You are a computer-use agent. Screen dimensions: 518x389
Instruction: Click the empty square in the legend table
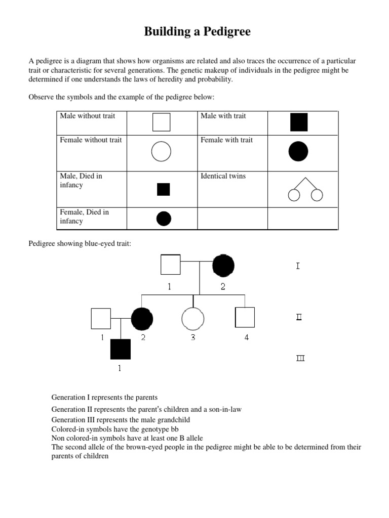[162, 122]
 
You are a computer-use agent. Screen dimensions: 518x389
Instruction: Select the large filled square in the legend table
[299, 122]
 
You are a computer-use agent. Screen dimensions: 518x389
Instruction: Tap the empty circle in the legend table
[162, 151]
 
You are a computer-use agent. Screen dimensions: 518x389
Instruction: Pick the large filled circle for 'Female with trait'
[298, 151]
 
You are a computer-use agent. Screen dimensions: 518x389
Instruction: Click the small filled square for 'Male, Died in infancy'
[163, 189]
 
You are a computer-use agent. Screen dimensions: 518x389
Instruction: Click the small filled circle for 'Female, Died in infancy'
[164, 219]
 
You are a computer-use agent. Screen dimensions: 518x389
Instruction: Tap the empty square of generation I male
[171, 265]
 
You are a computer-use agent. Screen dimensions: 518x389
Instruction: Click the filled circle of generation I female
[223, 265]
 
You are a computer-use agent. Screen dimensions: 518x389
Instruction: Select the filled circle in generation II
[142, 318]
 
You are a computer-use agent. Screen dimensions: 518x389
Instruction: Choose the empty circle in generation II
[193, 319]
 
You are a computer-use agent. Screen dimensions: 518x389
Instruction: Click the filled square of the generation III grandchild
[120, 349]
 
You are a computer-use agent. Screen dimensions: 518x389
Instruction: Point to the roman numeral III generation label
[300, 359]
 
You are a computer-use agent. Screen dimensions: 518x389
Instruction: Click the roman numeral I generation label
[298, 266]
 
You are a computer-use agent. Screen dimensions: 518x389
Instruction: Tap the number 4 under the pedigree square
[247, 337]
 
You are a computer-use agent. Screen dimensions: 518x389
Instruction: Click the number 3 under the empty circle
[193, 337]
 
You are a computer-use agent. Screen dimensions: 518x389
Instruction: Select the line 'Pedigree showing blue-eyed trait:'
[80, 244]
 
